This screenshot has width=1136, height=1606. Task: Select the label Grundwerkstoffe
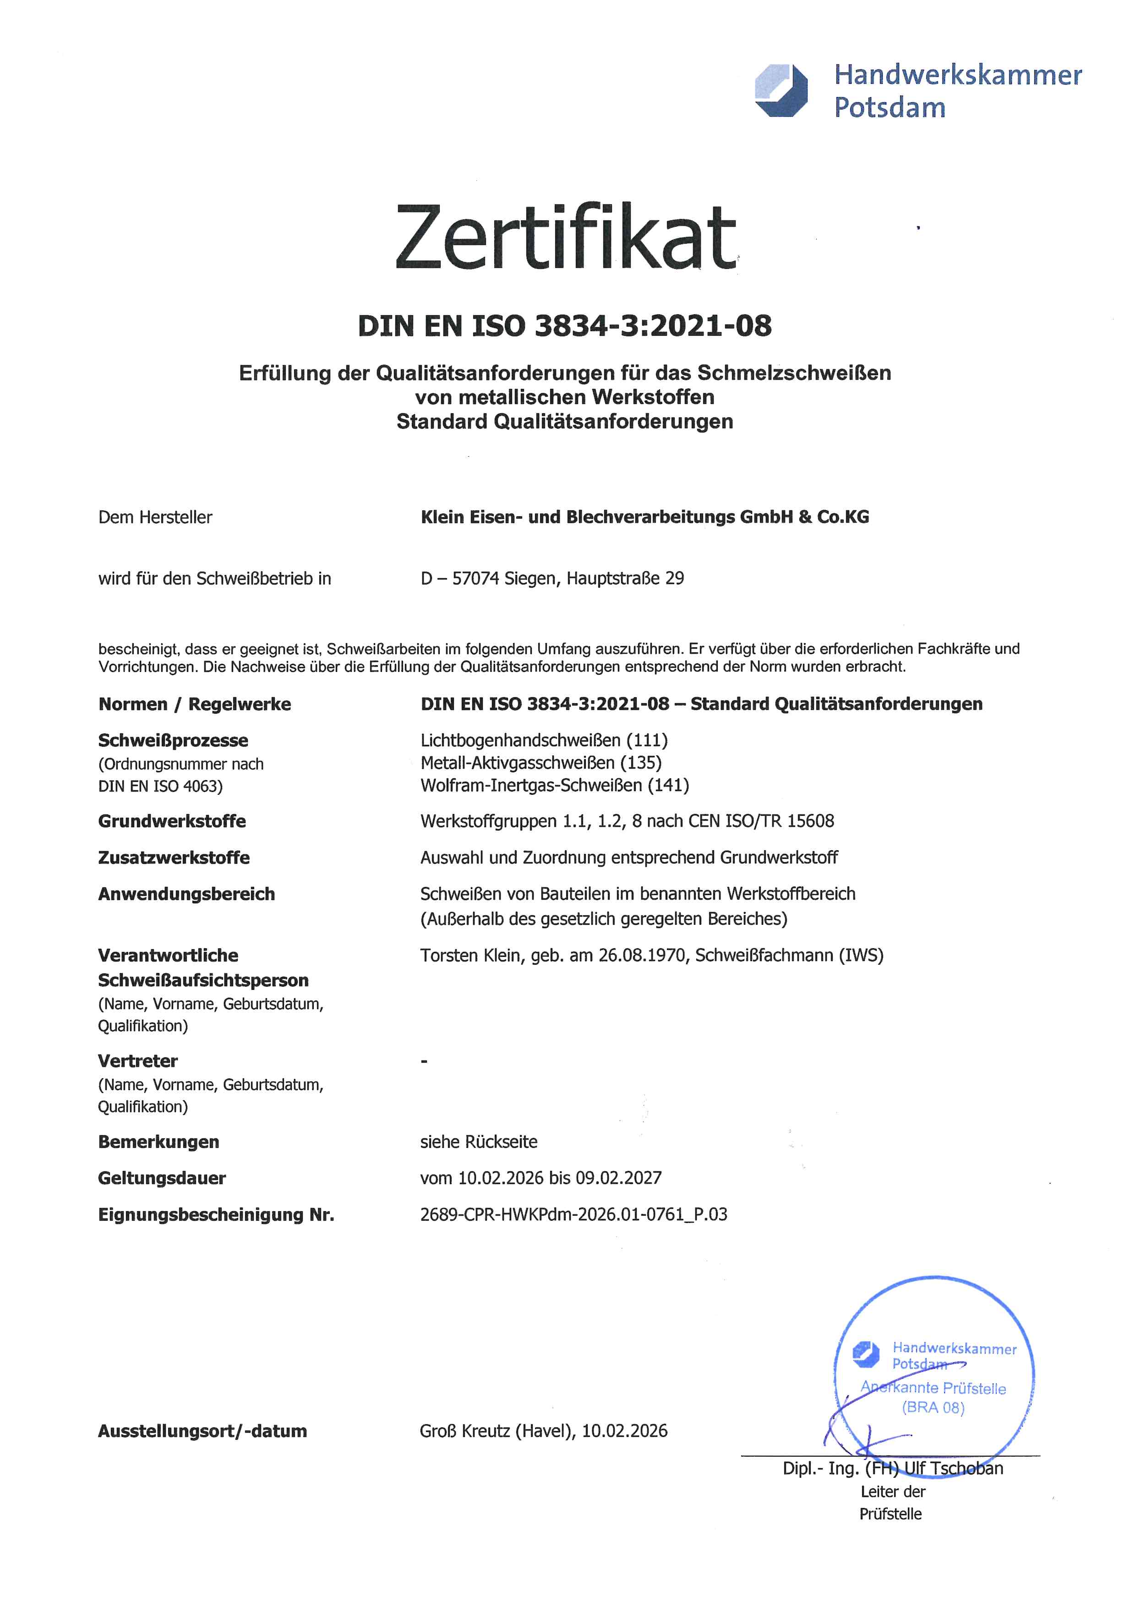172,821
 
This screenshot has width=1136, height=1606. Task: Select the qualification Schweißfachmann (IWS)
789,956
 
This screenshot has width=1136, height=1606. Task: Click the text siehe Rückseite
479,1142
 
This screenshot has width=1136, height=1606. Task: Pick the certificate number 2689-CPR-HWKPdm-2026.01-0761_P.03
573,1215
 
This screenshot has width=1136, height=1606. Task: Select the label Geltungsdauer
162,1179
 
